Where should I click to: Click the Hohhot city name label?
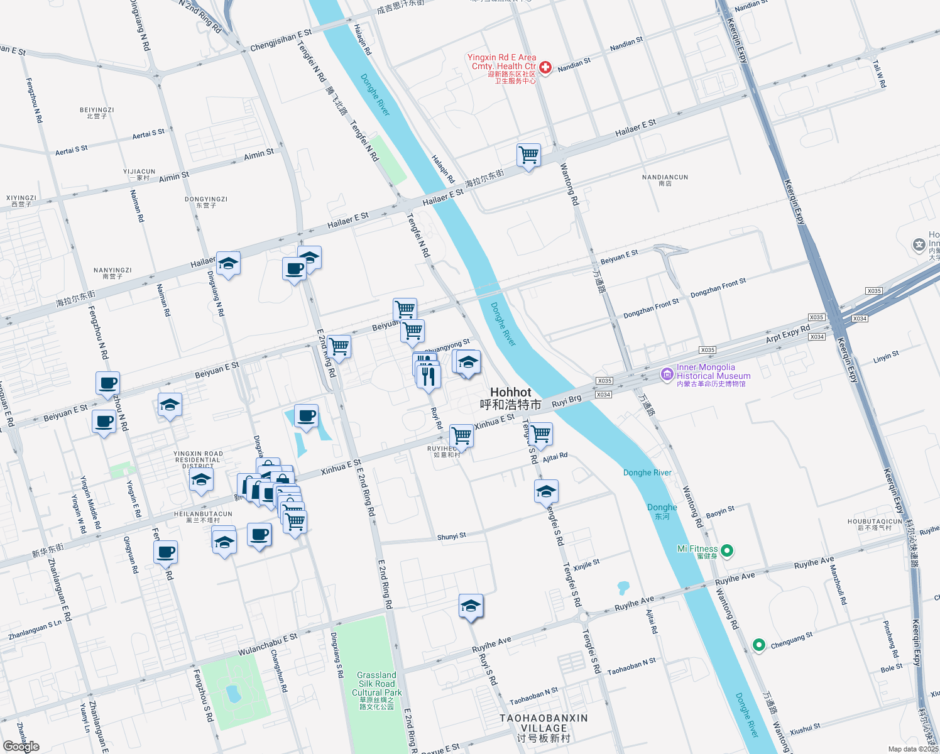[510, 398]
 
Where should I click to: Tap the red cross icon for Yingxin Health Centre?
[545, 67]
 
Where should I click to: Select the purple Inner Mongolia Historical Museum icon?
[667, 374]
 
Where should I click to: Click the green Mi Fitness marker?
[727, 551]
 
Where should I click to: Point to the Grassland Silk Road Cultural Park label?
[376, 690]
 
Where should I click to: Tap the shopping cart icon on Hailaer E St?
[528, 155]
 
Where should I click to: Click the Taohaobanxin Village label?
[544, 727]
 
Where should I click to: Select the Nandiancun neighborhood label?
[665, 180]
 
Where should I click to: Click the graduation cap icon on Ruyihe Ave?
[471, 606]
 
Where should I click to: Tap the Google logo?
[21, 746]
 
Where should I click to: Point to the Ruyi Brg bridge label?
[566, 401]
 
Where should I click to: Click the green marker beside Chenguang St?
[758, 645]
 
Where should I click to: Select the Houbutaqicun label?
[875, 525]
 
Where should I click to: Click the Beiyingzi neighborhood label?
[97, 113]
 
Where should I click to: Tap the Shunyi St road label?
[451, 537]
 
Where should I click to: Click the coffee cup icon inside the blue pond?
[306, 416]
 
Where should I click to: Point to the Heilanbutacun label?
[203, 517]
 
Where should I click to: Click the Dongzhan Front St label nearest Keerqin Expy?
[718, 288]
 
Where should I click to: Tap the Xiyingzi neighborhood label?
[21, 201]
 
